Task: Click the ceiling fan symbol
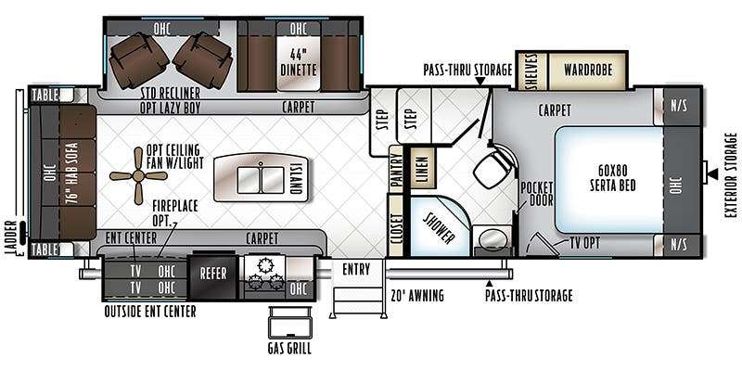pos(138,176)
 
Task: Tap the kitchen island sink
pos(261,179)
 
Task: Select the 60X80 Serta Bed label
pos(613,177)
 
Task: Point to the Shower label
pos(439,227)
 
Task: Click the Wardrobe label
pos(588,70)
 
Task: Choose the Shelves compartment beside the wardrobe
pos(531,71)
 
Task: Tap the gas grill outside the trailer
pos(289,322)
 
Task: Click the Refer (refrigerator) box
pos(212,277)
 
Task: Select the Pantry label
pos(396,169)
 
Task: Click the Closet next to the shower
pos(397,225)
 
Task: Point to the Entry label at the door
pos(356,270)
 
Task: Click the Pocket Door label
pos(537,194)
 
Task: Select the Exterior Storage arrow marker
pos(711,174)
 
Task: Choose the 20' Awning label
pos(417,296)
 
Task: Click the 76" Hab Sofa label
pos(72,173)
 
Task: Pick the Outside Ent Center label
pos(150,312)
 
